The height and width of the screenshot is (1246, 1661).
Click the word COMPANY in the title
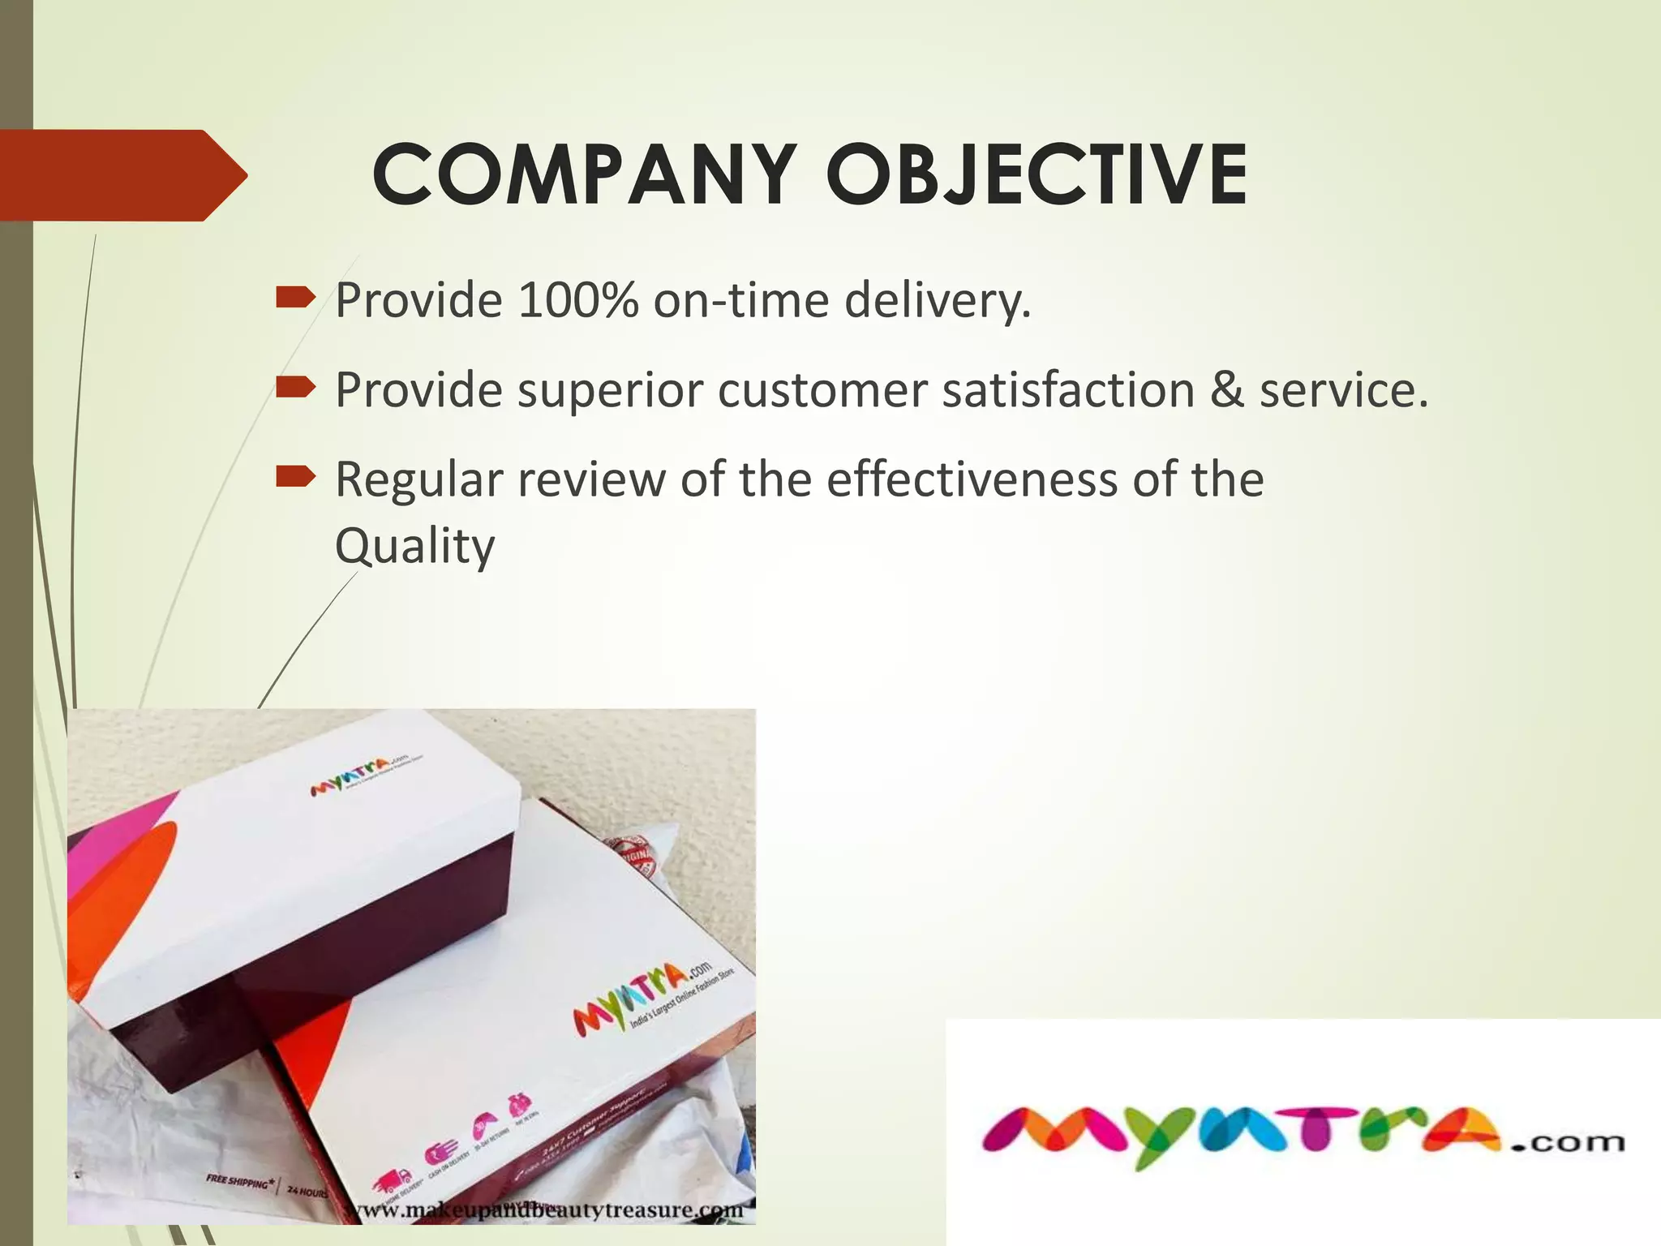pos(583,174)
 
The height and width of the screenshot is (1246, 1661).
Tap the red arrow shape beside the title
pos(122,175)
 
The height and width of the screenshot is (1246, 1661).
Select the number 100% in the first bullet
pos(577,300)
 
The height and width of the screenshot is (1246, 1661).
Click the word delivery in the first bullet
pos(937,300)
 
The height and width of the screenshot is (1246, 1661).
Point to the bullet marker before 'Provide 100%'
pos(294,299)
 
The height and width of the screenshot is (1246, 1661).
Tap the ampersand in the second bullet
pos(1227,390)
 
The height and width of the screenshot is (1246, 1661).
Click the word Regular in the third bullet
pos(418,479)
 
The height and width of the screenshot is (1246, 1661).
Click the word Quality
pos(414,546)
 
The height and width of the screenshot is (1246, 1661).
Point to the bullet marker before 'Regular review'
pos(294,478)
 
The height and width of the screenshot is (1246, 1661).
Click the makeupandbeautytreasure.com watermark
pos(543,1210)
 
